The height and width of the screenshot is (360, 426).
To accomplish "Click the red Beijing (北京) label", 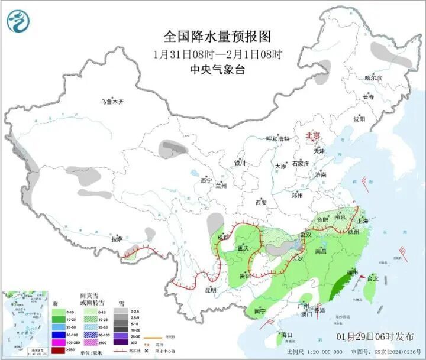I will (312, 137).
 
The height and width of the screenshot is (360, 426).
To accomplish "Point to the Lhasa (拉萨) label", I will (117, 239).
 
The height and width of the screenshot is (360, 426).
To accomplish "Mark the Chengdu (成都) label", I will (223, 238).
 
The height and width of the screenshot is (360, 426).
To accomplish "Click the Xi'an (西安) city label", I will (262, 203).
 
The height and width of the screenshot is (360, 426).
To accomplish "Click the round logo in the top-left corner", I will (18, 21).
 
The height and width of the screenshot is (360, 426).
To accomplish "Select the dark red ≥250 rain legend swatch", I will (58, 351).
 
